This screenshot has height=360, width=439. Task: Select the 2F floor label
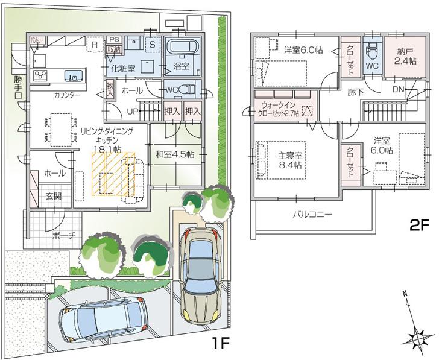[418, 226]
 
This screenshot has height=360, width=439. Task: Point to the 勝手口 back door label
[18, 87]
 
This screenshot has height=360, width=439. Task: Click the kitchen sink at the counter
[75, 77]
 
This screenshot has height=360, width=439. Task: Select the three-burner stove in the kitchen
[41, 75]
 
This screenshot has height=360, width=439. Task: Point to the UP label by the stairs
[133, 111]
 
